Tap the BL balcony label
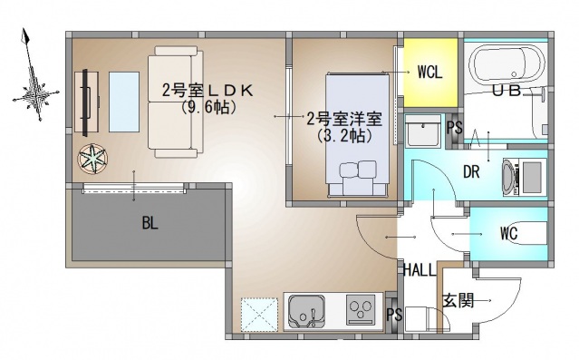pyautogui.click(x=149, y=223)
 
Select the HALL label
pyautogui.click(x=420, y=269)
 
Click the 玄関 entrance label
pyautogui.click(x=457, y=300)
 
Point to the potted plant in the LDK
pyautogui.click(x=92, y=159)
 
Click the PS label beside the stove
pyautogui.click(x=392, y=314)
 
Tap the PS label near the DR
pyautogui.click(x=455, y=129)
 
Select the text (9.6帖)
pyautogui.click(x=207, y=107)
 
